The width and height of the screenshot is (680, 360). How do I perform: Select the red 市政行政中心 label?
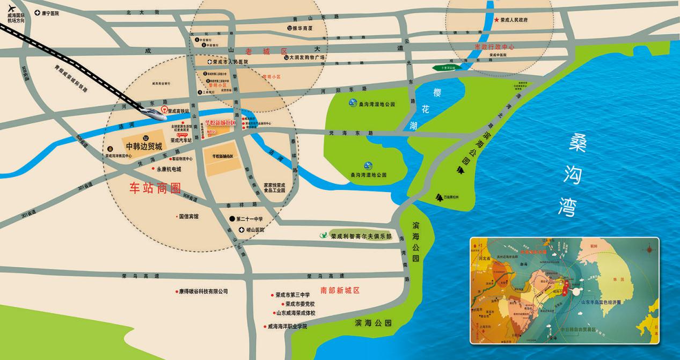coord(494,47)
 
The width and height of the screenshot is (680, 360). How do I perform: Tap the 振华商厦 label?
coord(302,28)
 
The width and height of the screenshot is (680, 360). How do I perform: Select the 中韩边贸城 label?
coord(144,146)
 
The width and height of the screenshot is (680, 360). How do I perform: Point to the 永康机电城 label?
coord(169,169)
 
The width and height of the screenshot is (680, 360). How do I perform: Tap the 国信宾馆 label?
coord(188,216)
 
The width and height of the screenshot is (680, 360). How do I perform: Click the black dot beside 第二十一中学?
coord(231,219)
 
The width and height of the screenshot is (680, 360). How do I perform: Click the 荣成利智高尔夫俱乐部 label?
coord(361,236)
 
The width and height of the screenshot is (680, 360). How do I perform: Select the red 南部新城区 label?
coord(340,290)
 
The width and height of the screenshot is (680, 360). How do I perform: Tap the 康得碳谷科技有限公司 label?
coord(203,291)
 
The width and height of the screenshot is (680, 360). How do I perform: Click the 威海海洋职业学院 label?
coord(287,326)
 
